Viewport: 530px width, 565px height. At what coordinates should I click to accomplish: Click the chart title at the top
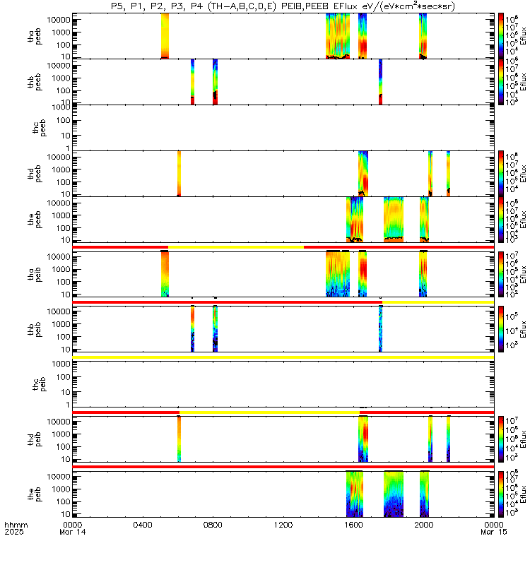click(x=283, y=6)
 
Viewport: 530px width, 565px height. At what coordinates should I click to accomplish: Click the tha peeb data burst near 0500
click(x=165, y=35)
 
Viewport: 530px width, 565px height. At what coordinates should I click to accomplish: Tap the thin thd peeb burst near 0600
click(x=179, y=173)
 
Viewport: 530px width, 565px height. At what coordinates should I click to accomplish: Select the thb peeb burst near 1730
click(x=380, y=81)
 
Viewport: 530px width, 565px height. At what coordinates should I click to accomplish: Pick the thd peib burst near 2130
click(x=448, y=439)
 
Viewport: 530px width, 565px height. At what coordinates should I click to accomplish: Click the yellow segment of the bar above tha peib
click(x=235, y=247)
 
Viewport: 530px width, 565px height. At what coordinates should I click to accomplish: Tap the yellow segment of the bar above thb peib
click(x=437, y=302)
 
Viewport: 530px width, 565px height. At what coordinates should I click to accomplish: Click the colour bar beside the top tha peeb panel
click(x=501, y=35)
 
